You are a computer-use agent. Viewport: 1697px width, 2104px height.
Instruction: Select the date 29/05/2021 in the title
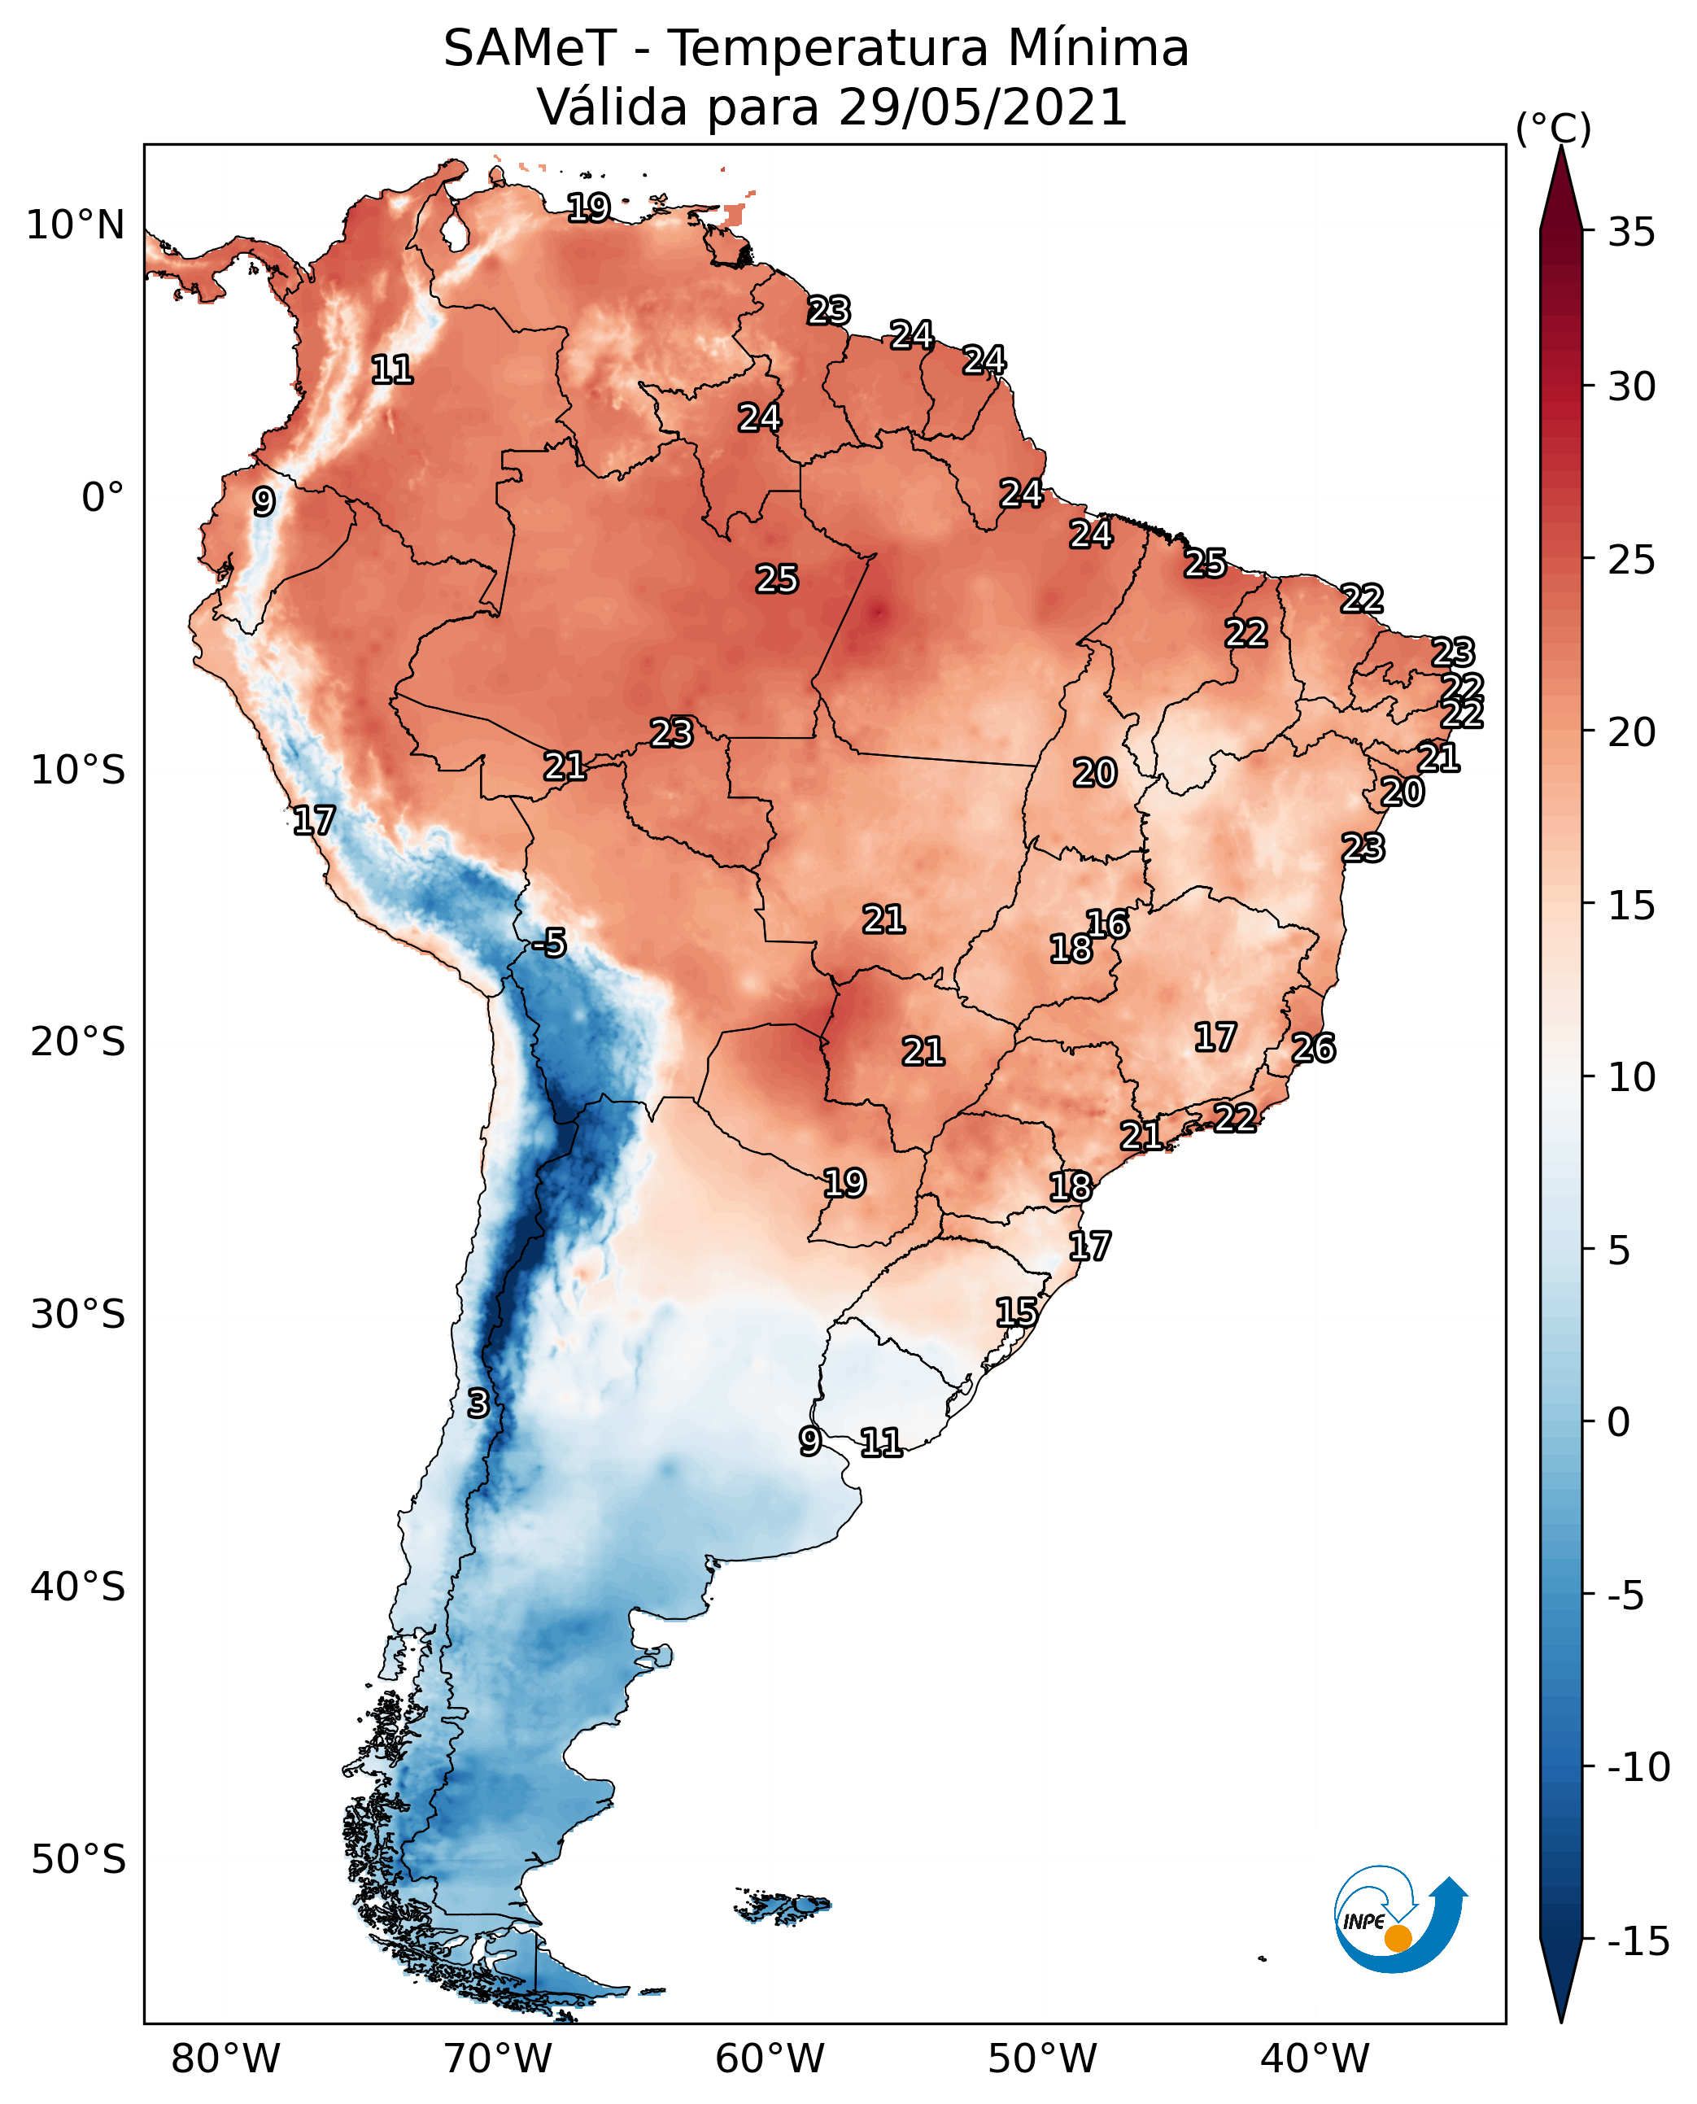pyautogui.click(x=983, y=107)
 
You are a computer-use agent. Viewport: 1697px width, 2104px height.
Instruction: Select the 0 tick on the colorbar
pyautogui.click(x=1619, y=1421)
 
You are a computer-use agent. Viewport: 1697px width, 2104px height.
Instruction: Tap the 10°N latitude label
pyautogui.click(x=76, y=226)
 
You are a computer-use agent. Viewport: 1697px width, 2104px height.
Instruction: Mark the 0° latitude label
pyautogui.click(x=103, y=498)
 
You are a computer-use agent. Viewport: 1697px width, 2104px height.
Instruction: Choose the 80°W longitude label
pyautogui.click(x=226, y=2059)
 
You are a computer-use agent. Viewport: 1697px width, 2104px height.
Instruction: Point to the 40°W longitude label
pyautogui.click(x=1315, y=2059)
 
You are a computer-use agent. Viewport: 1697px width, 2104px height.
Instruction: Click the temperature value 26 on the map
pyautogui.click(x=1313, y=1048)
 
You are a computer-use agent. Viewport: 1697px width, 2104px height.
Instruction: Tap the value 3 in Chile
pyautogui.click(x=477, y=1403)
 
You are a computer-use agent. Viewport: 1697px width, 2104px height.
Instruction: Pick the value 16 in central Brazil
pyautogui.click(x=1107, y=924)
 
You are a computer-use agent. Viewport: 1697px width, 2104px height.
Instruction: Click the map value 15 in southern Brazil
pyautogui.click(x=1017, y=1312)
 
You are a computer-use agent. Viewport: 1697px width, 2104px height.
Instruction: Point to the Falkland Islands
pyautogui.click(x=782, y=1905)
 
